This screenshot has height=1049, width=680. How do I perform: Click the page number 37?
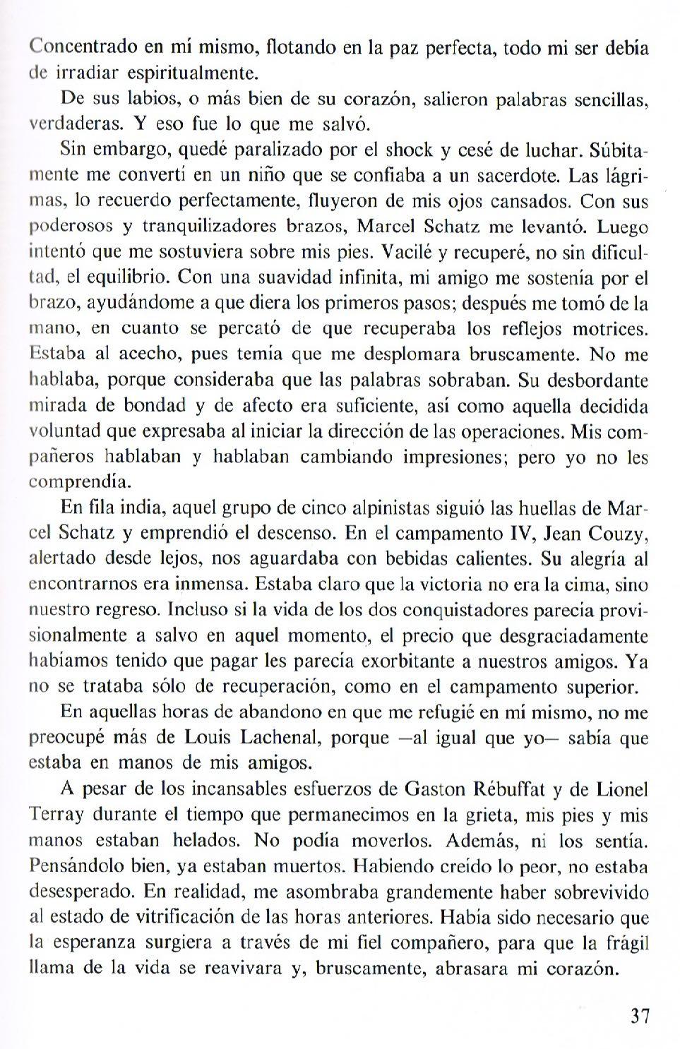coord(639,1017)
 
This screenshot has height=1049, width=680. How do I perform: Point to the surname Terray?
coord(59,815)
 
